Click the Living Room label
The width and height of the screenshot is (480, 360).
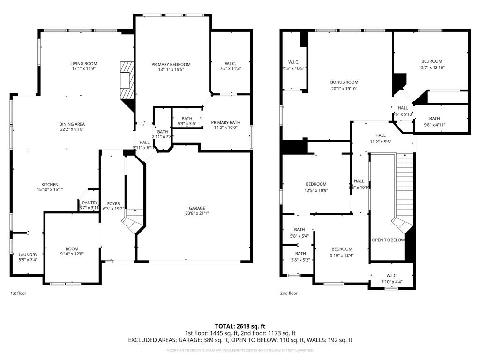coord(83,64)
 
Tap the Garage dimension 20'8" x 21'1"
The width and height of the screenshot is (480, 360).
coord(197,213)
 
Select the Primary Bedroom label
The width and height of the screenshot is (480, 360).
coord(171,64)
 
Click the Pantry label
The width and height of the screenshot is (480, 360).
coord(90,202)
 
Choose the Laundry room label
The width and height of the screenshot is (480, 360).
coord(28,255)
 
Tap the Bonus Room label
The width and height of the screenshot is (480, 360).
coord(344,82)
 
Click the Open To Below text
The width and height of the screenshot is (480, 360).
coord(388,240)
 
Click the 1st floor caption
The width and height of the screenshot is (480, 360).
coord(18,293)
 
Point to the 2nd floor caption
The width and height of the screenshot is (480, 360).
coord(289,293)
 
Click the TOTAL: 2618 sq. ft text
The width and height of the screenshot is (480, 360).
coord(240,326)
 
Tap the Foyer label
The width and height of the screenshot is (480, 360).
coord(113,203)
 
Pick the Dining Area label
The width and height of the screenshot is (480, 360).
coord(72,124)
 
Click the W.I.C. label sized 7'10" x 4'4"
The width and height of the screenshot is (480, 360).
coord(391,276)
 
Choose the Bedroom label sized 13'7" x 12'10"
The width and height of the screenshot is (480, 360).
coord(431,61)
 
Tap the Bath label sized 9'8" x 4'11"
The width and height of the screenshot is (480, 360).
coord(435,118)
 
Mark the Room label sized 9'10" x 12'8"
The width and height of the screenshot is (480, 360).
coord(72,249)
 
